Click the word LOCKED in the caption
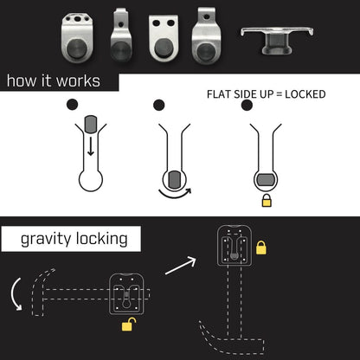click(303, 93)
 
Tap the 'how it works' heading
click(52, 82)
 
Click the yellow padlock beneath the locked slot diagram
click(265, 201)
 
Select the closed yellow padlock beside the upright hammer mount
click(260, 247)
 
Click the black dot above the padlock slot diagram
click(247, 106)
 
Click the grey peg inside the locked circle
click(264, 178)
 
